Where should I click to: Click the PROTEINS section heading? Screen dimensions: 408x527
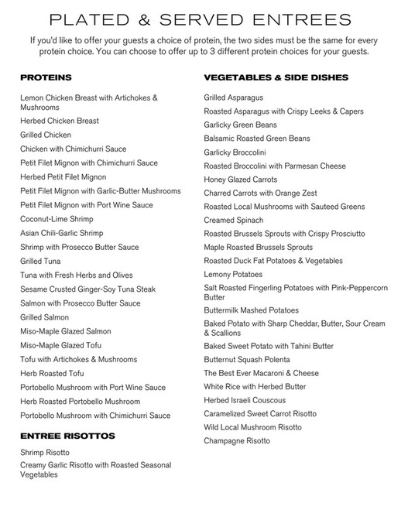coord(46,78)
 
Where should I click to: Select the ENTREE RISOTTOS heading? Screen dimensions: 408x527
coord(67,436)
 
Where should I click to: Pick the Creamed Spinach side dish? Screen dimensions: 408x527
coord(234,220)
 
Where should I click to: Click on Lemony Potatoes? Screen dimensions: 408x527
coord(233,275)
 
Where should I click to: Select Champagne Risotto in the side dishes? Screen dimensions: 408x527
coord(237,441)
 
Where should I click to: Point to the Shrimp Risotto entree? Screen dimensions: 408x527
coord(45,452)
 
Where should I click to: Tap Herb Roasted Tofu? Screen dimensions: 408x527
coord(52,374)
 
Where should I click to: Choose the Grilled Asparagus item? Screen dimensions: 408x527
coord(234,98)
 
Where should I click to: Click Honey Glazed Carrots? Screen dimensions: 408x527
coord(240,180)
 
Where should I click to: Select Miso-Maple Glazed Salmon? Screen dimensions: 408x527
coord(65,332)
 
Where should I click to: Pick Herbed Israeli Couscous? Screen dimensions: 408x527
coord(245,400)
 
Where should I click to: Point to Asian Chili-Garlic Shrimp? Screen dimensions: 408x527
coord(61,233)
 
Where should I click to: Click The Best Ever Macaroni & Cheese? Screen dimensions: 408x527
coord(261,373)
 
